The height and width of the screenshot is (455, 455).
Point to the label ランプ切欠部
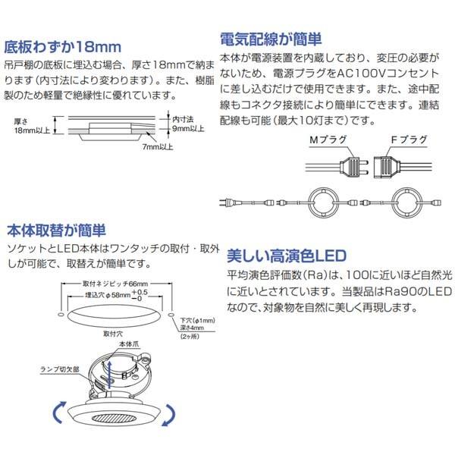click(60, 369)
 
